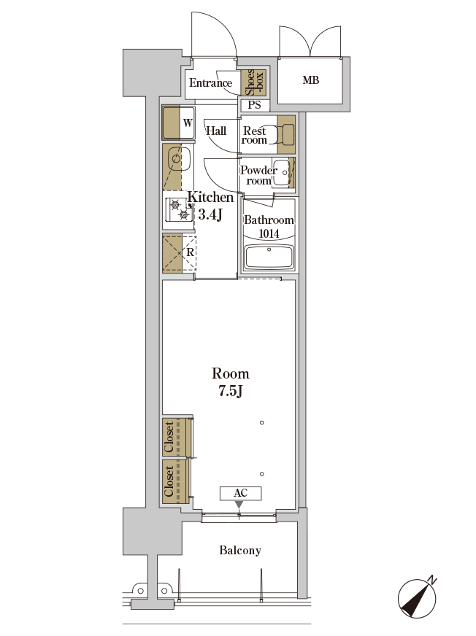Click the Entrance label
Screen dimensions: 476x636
[x=210, y=83]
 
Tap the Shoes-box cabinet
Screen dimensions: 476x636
[x=254, y=82]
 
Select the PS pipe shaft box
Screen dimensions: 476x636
[x=255, y=105]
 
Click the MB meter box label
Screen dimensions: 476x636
[x=311, y=80]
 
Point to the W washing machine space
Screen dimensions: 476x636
[x=178, y=123]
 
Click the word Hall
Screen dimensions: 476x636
[x=216, y=131]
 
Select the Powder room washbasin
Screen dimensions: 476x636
[x=282, y=173]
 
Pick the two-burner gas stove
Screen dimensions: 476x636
[x=179, y=210]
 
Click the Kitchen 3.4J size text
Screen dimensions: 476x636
[x=210, y=206]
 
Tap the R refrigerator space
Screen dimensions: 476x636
[x=179, y=252]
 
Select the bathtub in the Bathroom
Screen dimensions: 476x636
[x=269, y=257]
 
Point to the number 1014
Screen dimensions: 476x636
[x=269, y=233]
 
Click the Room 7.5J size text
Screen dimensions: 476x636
[x=230, y=381]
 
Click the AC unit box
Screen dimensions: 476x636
[x=240, y=493]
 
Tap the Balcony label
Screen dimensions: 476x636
[x=240, y=551]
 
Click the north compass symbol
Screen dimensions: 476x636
[x=417, y=597]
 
